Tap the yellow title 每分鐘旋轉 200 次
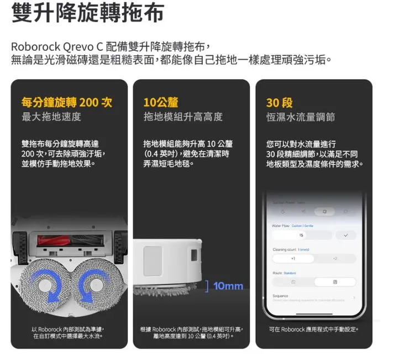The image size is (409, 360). click(x=66, y=102)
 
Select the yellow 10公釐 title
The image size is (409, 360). click(x=161, y=102)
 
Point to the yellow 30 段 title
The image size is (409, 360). click(x=279, y=102)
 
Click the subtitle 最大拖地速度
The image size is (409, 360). click(x=51, y=117)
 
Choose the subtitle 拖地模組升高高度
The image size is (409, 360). click(x=183, y=117)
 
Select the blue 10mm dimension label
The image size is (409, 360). click(x=228, y=286)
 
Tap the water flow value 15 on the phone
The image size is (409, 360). click(x=301, y=235)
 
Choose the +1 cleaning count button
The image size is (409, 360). click(x=293, y=259)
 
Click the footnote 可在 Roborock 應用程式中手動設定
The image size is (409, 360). click(x=313, y=330)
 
